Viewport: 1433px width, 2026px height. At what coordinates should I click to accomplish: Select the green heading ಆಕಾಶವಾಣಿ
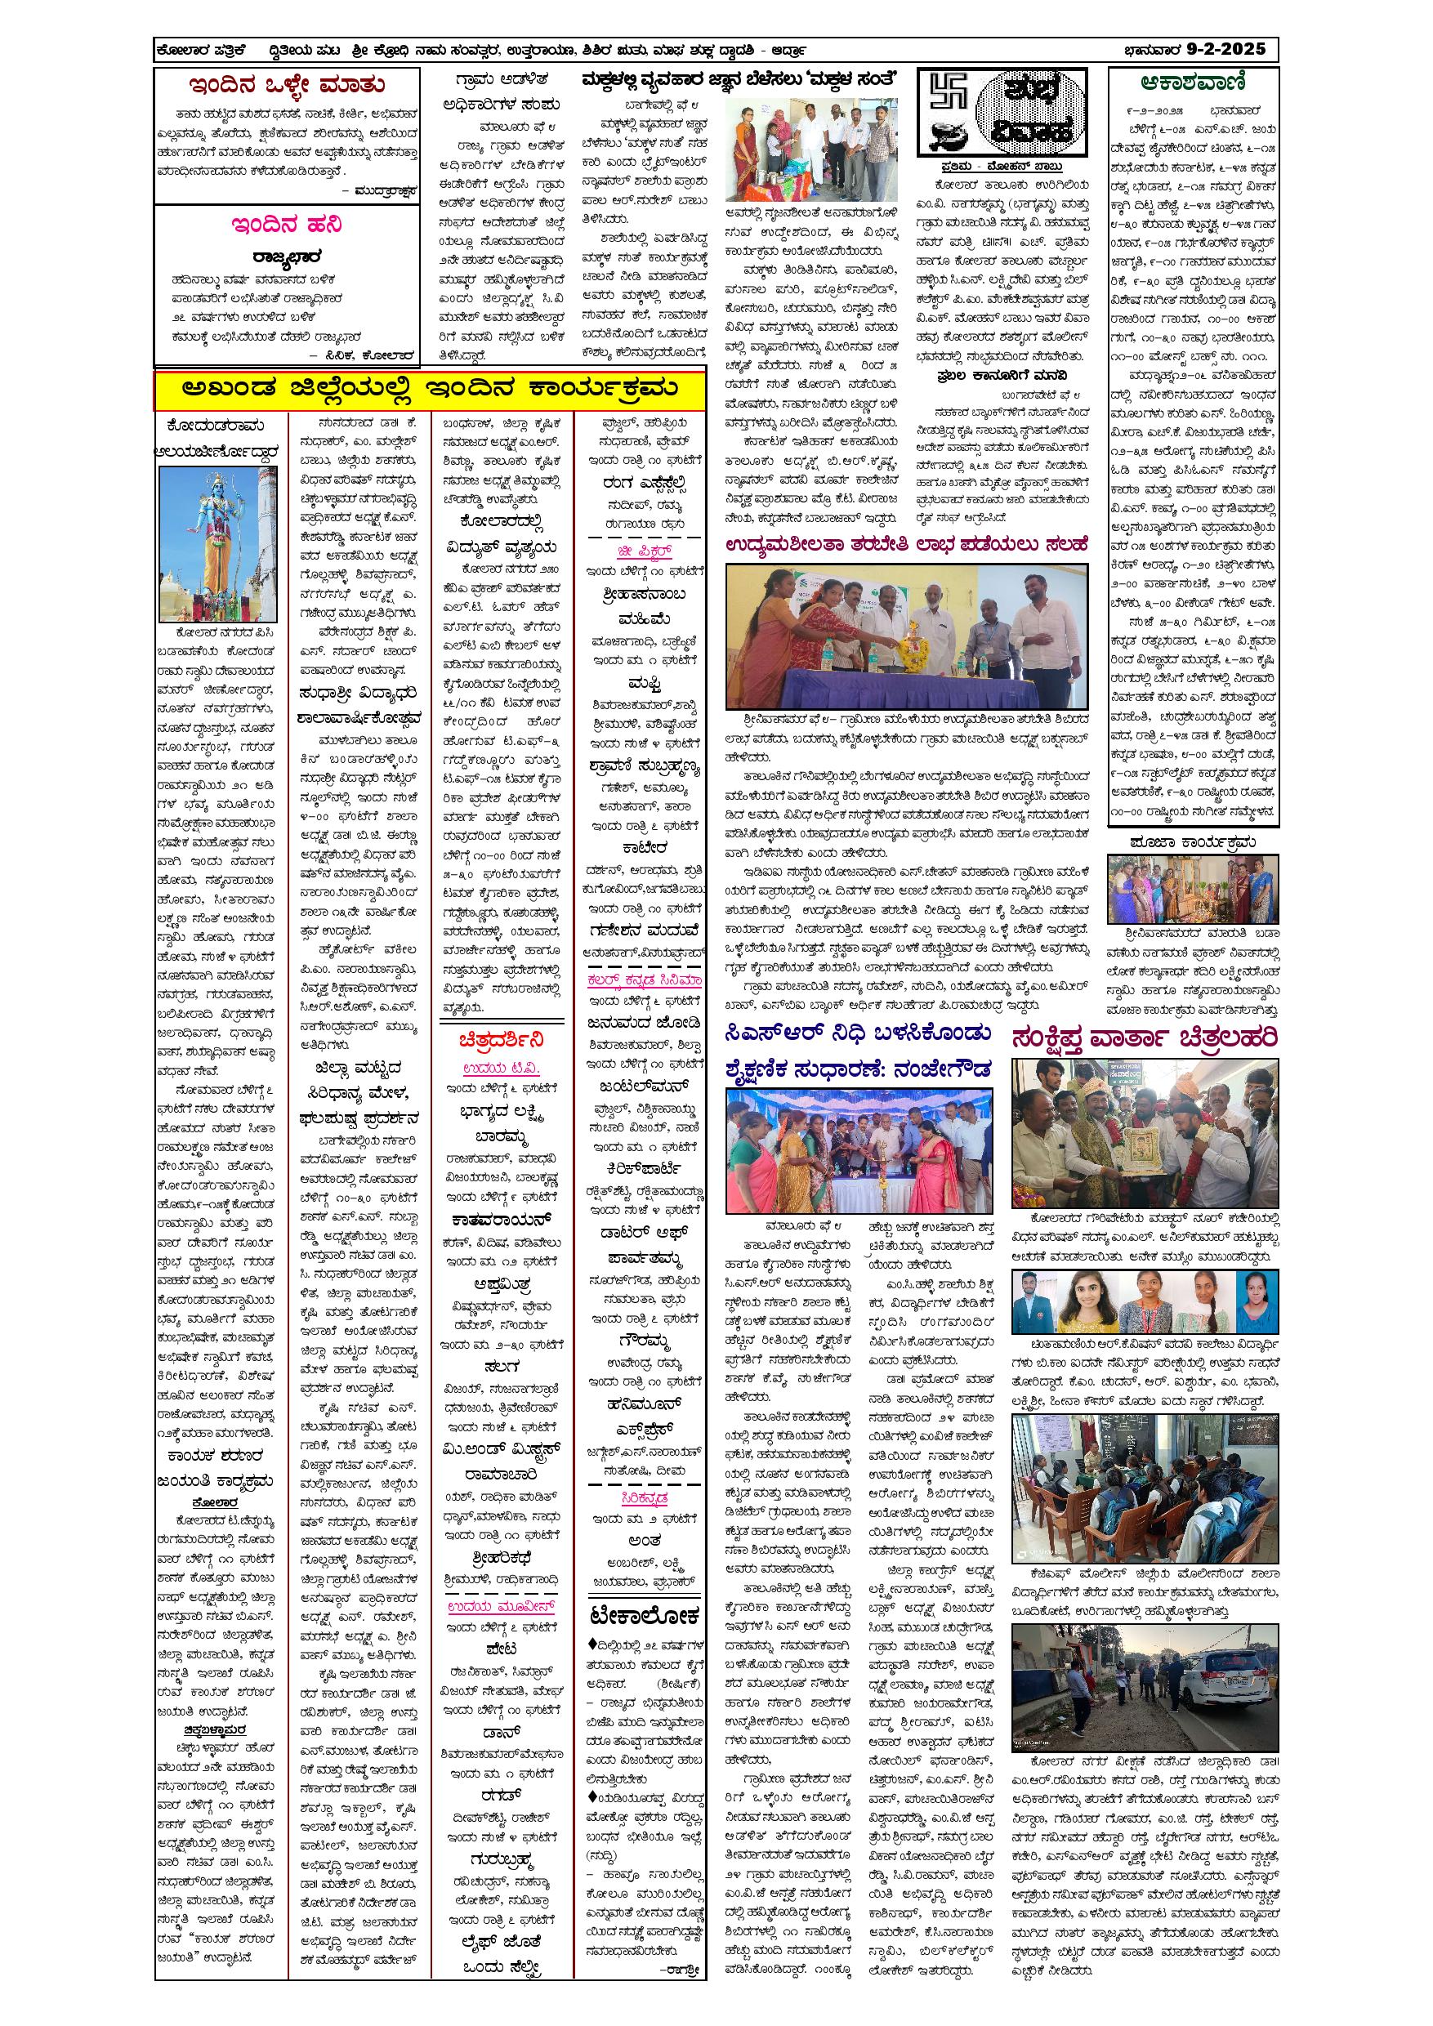tap(1192, 83)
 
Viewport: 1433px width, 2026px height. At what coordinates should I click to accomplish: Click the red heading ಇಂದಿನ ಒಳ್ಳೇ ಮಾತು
tap(287, 86)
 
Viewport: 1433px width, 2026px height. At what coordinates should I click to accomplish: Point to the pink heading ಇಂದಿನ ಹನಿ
tap(286, 224)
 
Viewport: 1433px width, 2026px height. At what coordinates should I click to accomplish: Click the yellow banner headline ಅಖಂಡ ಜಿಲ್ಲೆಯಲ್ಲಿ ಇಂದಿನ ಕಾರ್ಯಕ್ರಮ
tap(430, 389)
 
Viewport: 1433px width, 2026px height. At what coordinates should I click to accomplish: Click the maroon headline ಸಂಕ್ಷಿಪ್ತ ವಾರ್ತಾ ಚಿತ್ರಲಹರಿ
tap(1145, 1038)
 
